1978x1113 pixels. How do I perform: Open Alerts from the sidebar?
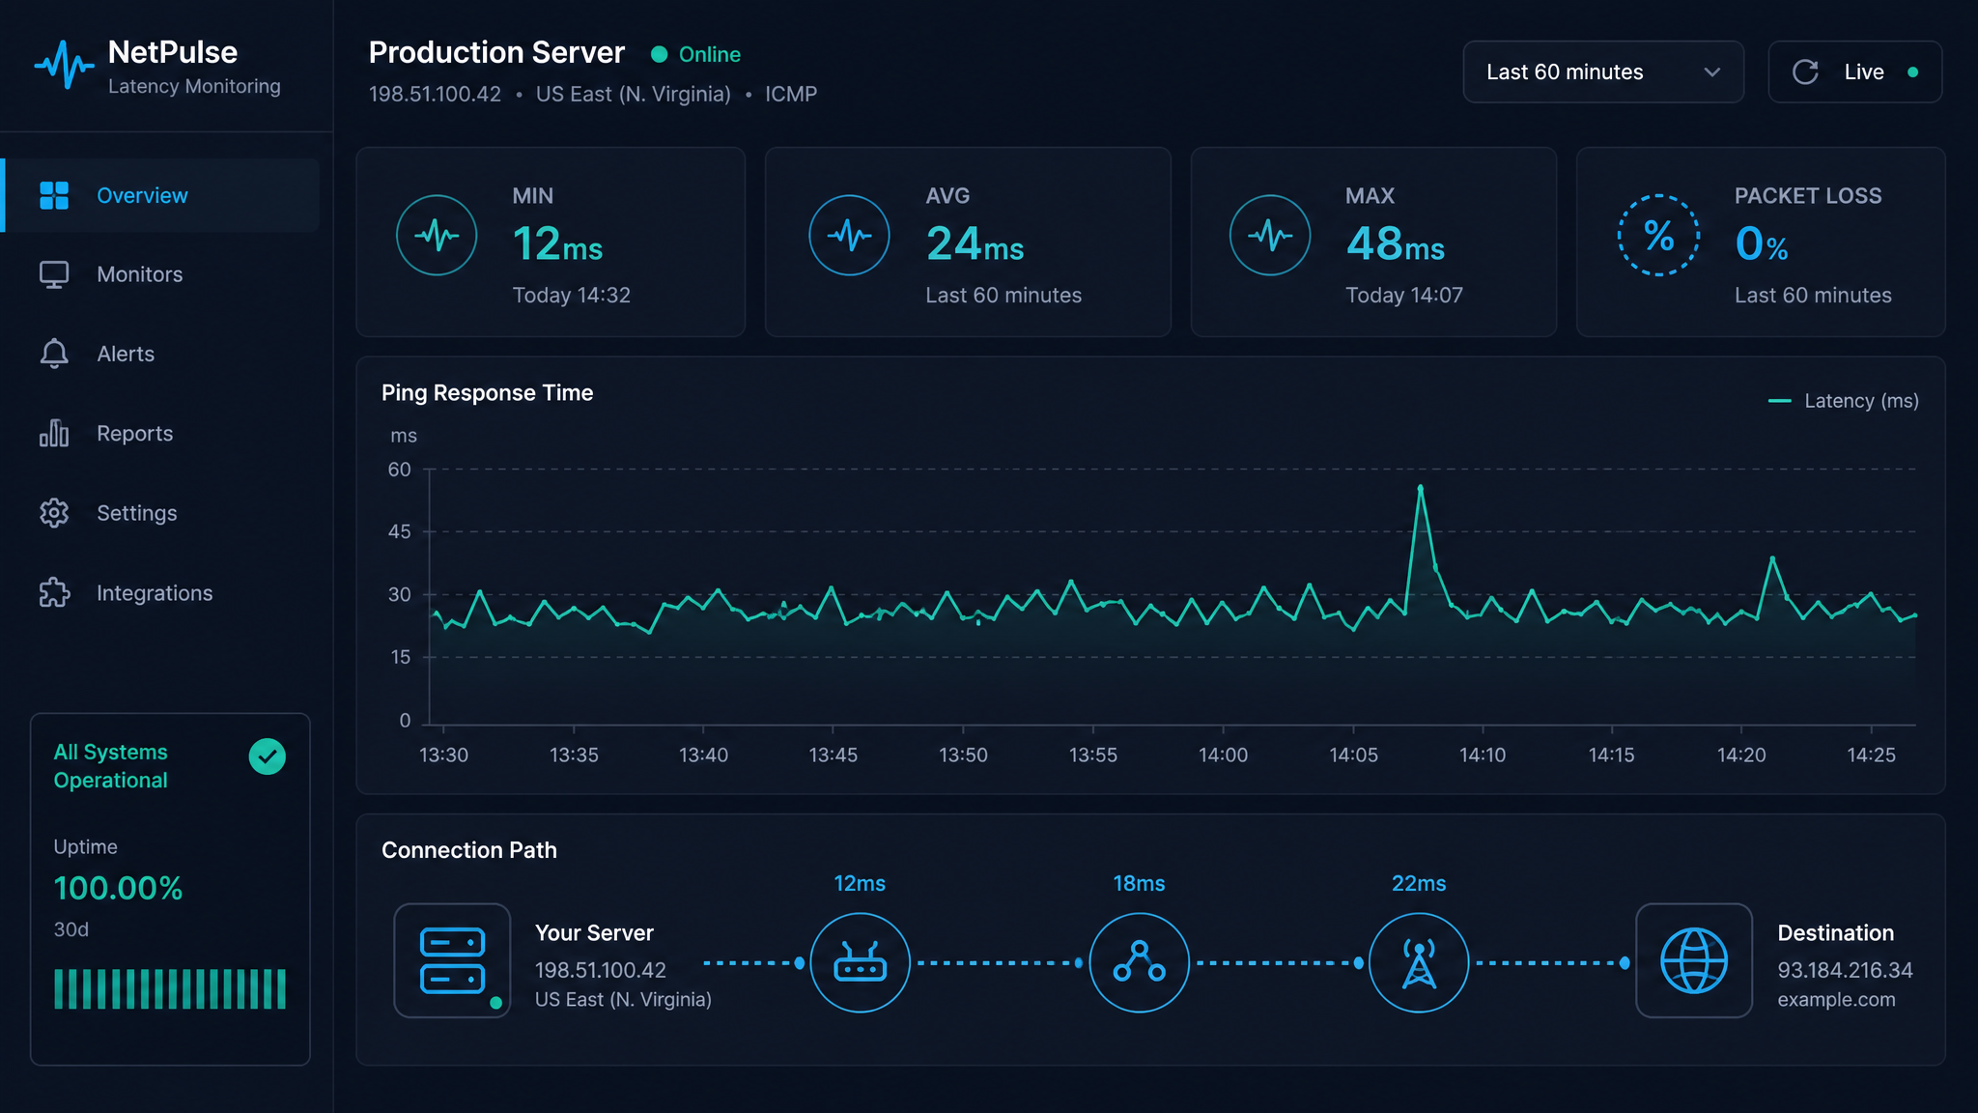click(126, 354)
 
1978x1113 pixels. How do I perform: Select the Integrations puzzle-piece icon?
click(54, 592)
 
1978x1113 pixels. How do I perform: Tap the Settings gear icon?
click(54, 513)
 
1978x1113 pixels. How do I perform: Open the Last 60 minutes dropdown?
click(1603, 71)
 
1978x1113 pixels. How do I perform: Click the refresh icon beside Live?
click(1805, 72)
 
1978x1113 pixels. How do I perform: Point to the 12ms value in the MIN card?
click(557, 243)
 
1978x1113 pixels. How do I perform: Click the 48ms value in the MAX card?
click(1396, 243)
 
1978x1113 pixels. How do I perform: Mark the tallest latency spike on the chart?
click(1420, 488)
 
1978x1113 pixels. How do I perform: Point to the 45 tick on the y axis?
click(400, 531)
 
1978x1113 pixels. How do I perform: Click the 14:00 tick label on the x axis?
click(1223, 755)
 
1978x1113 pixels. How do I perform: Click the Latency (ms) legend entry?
click(1843, 401)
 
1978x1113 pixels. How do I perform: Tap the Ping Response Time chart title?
click(487, 393)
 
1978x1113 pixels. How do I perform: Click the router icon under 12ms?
click(860, 962)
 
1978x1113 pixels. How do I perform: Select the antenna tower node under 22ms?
click(1419, 962)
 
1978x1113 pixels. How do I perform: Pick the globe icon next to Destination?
click(1694, 960)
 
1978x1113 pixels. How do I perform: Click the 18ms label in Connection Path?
click(1139, 883)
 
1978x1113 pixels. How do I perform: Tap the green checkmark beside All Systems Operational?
click(268, 756)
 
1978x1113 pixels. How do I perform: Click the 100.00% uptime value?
click(118, 888)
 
